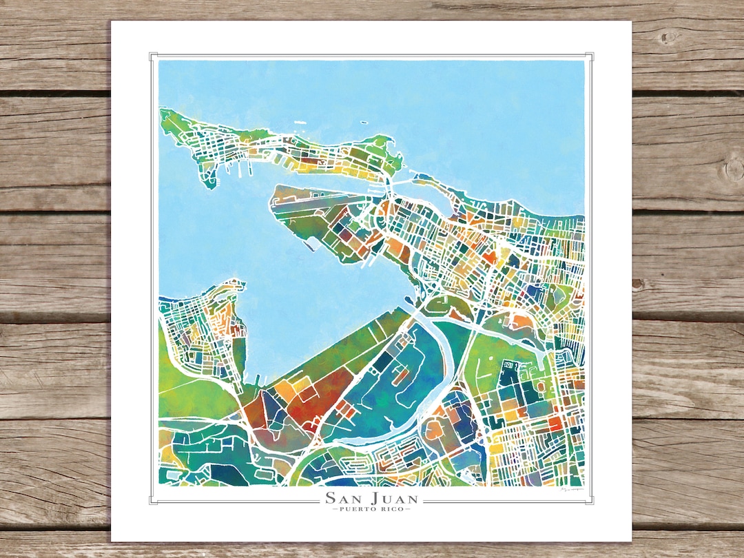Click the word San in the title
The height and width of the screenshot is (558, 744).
[342, 498]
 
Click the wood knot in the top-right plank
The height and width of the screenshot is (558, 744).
[667, 37]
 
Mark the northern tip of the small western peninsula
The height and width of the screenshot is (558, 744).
[231, 282]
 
